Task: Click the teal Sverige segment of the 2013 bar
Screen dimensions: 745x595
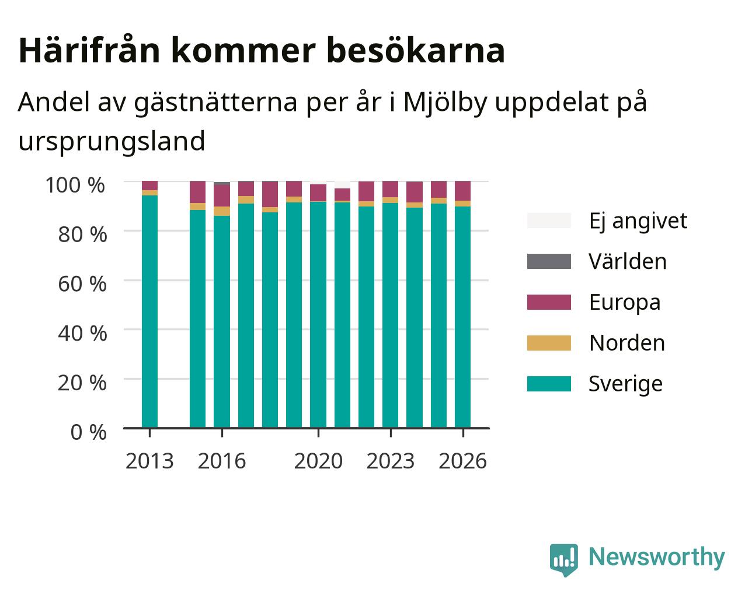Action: [149, 311]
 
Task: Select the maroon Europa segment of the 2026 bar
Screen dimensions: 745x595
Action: [462, 191]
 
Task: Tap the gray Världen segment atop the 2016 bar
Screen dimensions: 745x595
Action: [221, 183]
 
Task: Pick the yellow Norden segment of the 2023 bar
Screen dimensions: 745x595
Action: [390, 200]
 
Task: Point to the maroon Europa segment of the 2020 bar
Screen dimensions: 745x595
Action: [318, 192]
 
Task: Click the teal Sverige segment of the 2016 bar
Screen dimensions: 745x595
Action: [221, 322]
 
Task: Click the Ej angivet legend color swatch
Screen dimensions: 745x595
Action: [549, 220]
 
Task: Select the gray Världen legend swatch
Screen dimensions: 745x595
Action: [549, 261]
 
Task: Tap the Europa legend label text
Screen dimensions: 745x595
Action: [625, 302]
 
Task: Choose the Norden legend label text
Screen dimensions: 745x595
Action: [627, 343]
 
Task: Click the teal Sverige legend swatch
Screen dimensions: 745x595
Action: [549, 384]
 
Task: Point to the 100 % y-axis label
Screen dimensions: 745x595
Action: [75, 185]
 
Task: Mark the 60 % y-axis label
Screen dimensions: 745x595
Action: [82, 284]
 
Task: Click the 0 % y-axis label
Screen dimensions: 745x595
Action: [88, 432]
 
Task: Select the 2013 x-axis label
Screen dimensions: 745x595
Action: [149, 461]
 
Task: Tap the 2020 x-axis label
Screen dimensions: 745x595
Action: [318, 461]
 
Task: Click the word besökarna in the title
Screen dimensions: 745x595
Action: [416, 51]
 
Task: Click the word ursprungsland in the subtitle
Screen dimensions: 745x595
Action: [112, 142]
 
